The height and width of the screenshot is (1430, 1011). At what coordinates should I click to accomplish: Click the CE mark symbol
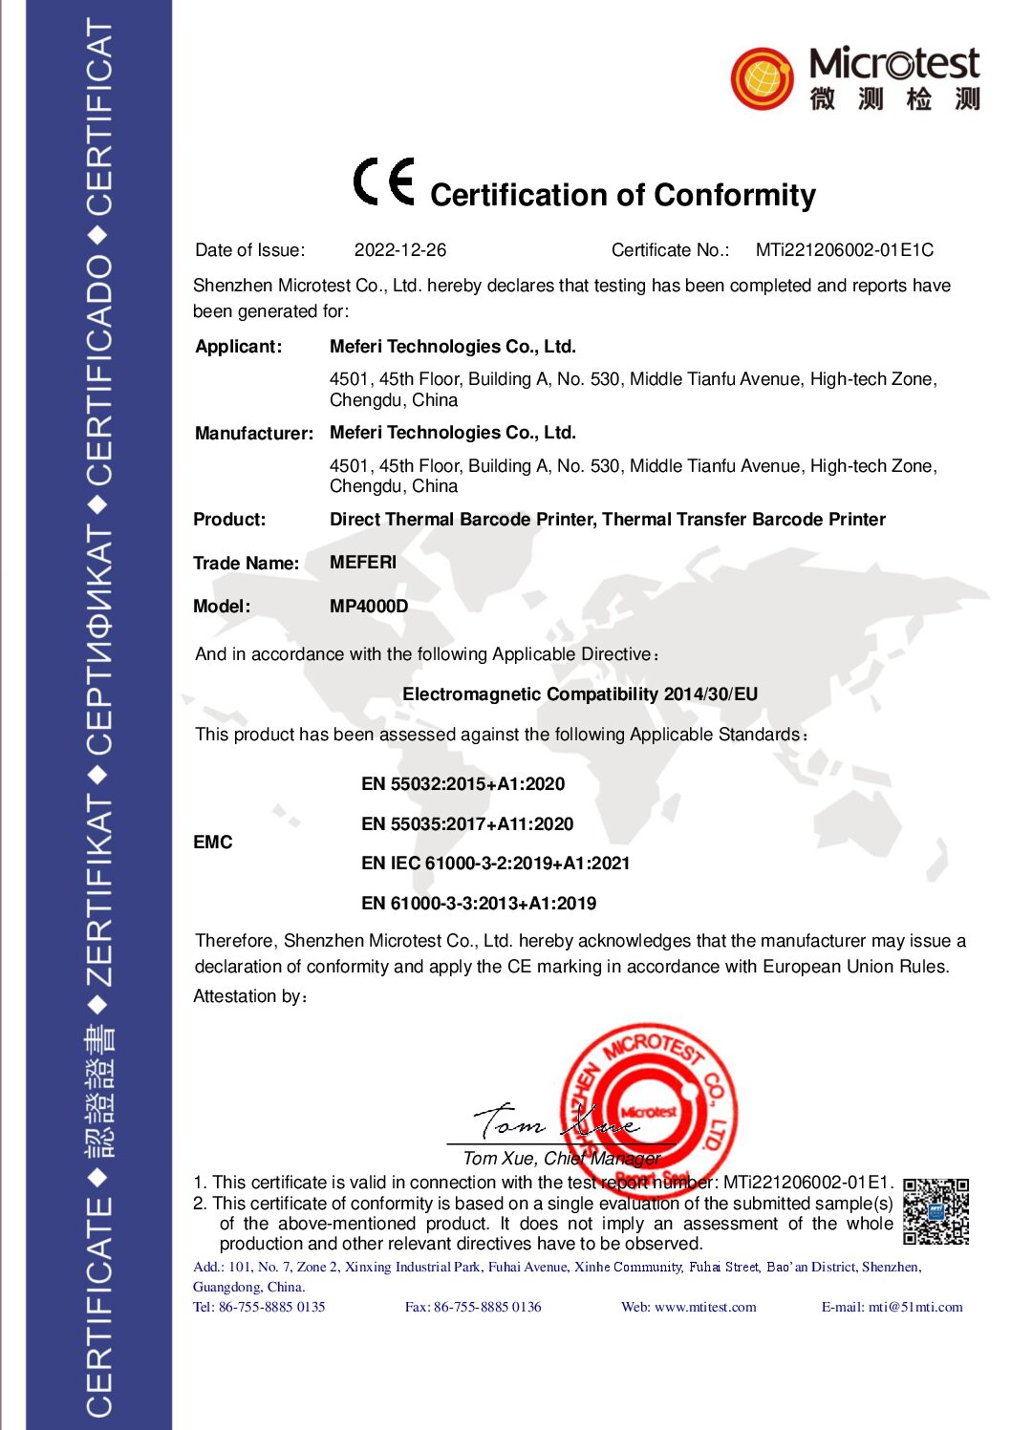tap(383, 181)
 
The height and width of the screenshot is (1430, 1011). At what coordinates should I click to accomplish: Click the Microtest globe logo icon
tap(762, 78)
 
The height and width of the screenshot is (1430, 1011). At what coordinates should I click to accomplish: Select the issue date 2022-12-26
tap(399, 250)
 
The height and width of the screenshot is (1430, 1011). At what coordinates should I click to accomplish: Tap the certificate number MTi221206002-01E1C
tap(844, 250)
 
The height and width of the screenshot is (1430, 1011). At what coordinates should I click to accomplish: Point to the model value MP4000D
tap(368, 607)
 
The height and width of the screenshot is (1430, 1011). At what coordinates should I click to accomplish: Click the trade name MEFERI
tap(362, 563)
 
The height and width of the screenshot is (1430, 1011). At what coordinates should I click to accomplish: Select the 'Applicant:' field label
tap(238, 347)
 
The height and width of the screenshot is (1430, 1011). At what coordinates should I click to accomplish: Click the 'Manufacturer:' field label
tap(253, 434)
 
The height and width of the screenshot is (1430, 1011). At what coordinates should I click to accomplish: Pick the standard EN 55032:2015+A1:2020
tap(462, 784)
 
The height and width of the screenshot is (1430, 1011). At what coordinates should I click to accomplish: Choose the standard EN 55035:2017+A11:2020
tap(466, 824)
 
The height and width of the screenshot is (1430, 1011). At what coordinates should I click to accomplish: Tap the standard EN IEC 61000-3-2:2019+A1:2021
tap(495, 864)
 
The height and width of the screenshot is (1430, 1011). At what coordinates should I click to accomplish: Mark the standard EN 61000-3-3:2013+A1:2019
tap(478, 904)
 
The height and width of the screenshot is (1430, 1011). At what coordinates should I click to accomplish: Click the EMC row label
tap(212, 843)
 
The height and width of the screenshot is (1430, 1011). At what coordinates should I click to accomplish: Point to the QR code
tap(936, 1211)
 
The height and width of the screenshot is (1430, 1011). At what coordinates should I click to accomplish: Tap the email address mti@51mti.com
tap(914, 1307)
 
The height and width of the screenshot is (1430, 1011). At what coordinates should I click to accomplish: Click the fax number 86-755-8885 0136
tap(486, 1307)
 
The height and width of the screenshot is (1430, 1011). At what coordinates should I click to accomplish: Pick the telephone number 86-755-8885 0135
tap(271, 1307)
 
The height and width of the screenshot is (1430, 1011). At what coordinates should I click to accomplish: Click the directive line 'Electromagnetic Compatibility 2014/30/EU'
tap(579, 694)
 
